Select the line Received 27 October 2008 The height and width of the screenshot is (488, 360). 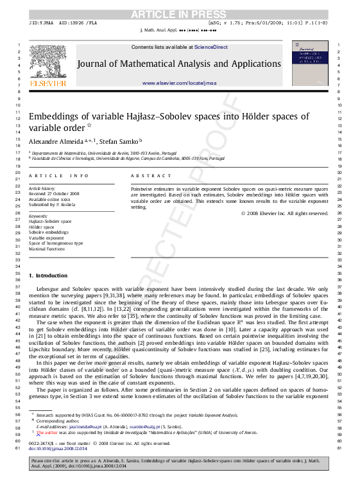(x=54, y=193)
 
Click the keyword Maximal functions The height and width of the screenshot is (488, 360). (x=47, y=249)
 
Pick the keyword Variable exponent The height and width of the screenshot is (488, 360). (x=46, y=238)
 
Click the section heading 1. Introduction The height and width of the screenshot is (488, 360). (x=48, y=276)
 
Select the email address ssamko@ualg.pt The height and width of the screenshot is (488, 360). (x=149, y=426)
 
